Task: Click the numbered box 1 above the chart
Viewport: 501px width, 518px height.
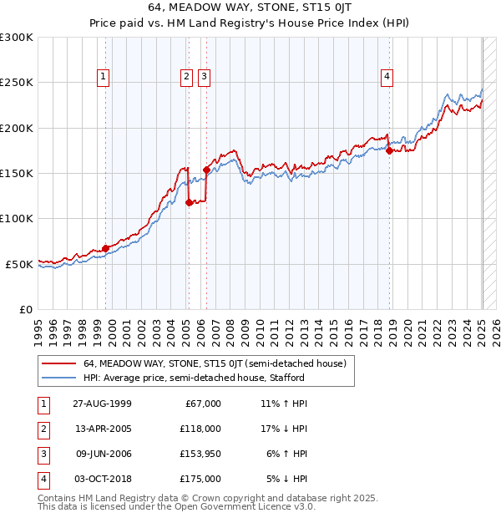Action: coord(104,77)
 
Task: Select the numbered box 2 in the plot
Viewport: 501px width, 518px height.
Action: coord(185,77)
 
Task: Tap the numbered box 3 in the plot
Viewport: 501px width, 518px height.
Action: coord(204,77)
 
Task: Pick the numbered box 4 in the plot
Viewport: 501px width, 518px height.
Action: coord(387,77)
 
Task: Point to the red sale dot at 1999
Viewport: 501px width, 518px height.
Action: coord(106,248)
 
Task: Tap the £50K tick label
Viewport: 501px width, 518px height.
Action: coord(19,264)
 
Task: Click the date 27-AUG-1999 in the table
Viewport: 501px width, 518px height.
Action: coord(103,404)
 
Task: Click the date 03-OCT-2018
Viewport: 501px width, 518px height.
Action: coord(103,479)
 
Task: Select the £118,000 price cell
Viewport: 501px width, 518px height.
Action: coord(200,429)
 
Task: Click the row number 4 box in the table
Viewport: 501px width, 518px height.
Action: coord(43,479)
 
